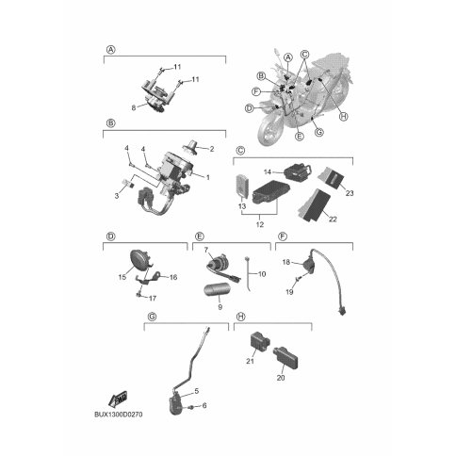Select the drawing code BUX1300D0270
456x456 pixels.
coord(119,415)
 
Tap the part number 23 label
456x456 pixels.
coord(350,193)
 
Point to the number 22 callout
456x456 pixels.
coord(333,219)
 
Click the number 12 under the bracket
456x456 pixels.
coord(260,225)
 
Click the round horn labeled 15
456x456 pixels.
coord(139,259)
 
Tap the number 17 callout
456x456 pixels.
coord(153,298)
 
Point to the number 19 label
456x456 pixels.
coord(289,292)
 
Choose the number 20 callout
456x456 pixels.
coord(281,378)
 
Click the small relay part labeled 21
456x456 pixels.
coord(260,341)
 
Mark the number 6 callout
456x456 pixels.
coord(204,406)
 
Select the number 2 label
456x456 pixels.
coord(212,149)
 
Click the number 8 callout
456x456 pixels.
coord(134,107)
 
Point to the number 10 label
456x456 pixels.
coord(262,274)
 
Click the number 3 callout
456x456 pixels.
coord(117,196)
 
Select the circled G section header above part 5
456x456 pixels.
coord(152,318)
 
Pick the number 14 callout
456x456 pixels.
coord(268,172)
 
